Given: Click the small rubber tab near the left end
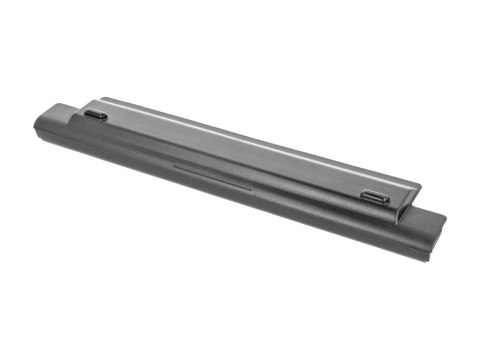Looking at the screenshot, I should pos(96,115).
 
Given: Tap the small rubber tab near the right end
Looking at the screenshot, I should pos(376,197).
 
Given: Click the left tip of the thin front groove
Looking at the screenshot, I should pos(174,160).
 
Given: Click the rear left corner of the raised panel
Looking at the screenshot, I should pos(104,98).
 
